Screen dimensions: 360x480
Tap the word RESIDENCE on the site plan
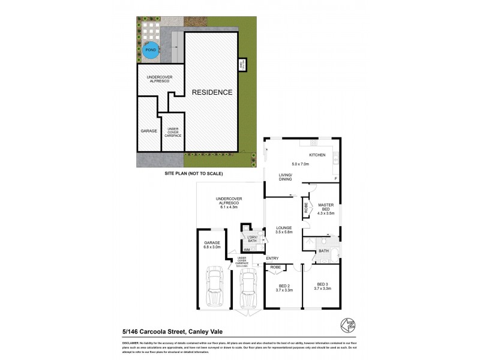(212, 92)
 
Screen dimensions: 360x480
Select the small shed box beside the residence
(242, 65)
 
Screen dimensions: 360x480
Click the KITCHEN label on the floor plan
(317, 155)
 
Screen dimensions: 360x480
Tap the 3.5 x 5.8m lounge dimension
(284, 233)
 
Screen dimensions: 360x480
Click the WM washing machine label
(247, 249)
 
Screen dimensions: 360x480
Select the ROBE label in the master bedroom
(306, 208)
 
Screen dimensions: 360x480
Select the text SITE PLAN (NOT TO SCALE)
(194, 173)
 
